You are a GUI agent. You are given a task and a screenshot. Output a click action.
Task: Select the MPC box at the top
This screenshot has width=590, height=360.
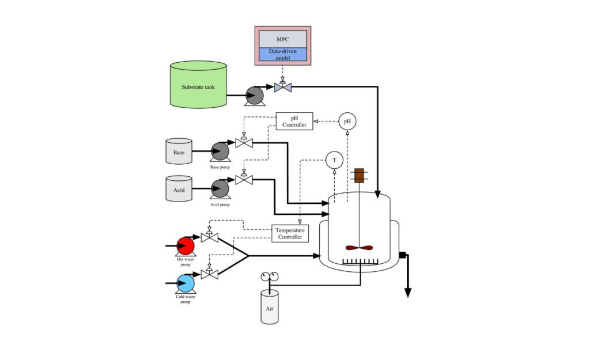pyautogui.click(x=282, y=39)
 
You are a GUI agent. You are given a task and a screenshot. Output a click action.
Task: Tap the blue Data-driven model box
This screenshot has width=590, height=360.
pyautogui.click(x=282, y=54)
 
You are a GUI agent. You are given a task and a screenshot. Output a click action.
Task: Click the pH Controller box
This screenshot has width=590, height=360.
pyautogui.click(x=294, y=121)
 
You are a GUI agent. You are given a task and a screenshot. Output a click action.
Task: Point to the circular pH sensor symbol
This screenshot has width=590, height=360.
pyautogui.click(x=347, y=121)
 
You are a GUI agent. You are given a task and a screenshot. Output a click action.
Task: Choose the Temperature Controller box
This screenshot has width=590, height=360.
pyautogui.click(x=290, y=233)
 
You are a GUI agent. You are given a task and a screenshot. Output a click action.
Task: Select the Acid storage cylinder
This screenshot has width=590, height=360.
pyautogui.click(x=179, y=189)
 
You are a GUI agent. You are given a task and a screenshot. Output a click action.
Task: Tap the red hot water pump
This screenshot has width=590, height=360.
pyautogui.click(x=186, y=246)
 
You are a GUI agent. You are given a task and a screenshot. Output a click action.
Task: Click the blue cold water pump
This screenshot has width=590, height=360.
pyautogui.click(x=186, y=283)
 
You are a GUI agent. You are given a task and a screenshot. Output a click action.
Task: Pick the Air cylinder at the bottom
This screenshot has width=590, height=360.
pyautogui.click(x=269, y=306)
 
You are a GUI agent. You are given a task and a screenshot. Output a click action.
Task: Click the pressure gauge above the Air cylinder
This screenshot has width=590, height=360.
pyautogui.click(x=269, y=276)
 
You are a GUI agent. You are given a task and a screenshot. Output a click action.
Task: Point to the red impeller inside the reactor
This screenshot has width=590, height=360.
pyautogui.click(x=359, y=248)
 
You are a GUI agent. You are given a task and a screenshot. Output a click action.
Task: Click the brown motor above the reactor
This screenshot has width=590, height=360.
pyautogui.click(x=359, y=176)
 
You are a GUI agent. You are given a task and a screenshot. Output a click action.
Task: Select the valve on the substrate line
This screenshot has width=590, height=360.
pyautogui.click(x=283, y=87)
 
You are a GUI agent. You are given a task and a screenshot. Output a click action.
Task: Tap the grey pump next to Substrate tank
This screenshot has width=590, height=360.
pyautogui.click(x=254, y=96)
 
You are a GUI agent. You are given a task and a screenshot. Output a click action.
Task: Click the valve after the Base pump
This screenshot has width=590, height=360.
pyautogui.click(x=244, y=142)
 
